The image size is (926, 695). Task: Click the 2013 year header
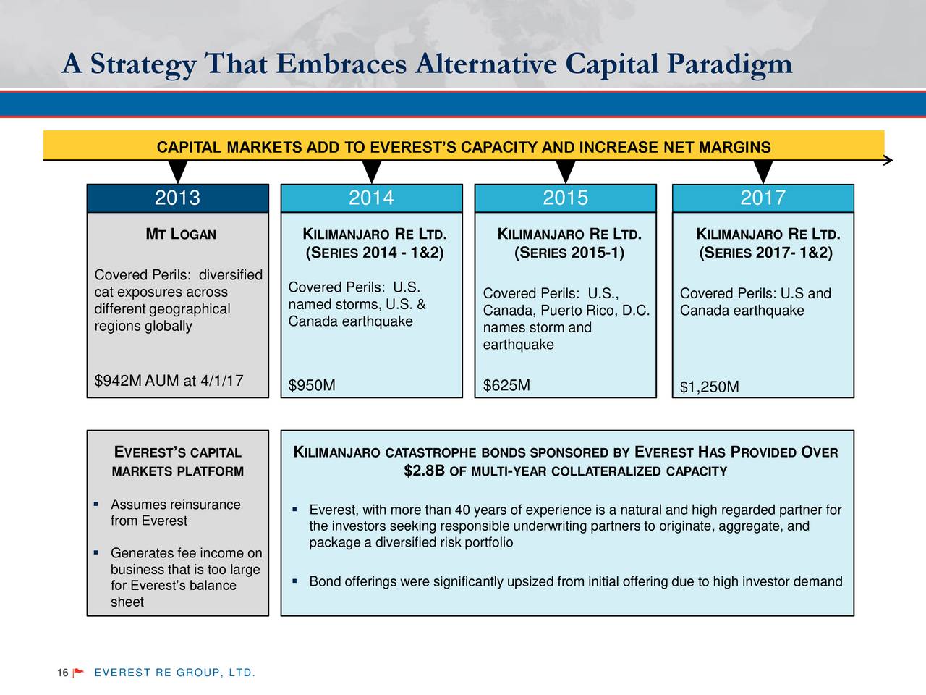(x=178, y=198)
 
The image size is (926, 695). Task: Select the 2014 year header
(x=372, y=198)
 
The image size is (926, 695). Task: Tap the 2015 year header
(x=565, y=198)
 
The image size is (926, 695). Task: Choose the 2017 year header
(x=763, y=198)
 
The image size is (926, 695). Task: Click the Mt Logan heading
(x=181, y=234)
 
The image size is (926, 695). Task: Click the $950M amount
(x=312, y=385)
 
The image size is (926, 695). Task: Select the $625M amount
(x=506, y=385)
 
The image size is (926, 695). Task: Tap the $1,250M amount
(x=709, y=387)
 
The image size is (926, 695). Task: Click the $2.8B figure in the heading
(x=424, y=471)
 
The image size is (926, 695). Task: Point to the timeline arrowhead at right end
(x=888, y=160)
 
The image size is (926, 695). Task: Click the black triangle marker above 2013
(x=178, y=172)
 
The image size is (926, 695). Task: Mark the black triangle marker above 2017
(x=763, y=172)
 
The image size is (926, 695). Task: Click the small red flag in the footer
(x=78, y=673)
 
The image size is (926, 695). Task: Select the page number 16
(x=63, y=673)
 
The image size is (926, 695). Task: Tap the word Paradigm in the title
(x=730, y=64)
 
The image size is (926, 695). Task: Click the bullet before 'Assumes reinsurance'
(x=97, y=504)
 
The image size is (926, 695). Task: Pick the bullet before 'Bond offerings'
(x=294, y=581)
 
